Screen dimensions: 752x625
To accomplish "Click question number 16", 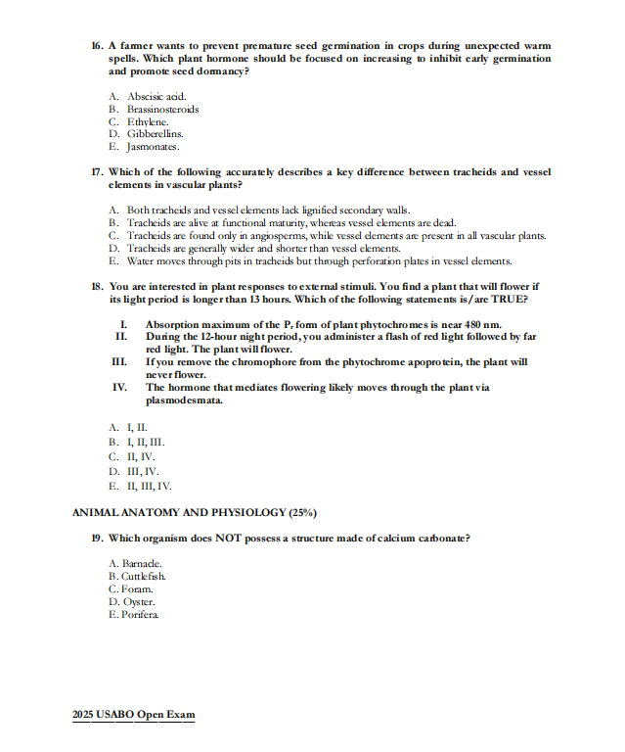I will (96, 46).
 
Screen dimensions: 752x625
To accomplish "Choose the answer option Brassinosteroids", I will (162, 109).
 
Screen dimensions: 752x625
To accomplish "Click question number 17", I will (96, 171).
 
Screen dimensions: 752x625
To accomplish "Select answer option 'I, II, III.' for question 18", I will (137, 442).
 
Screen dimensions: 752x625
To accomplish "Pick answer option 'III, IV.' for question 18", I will (135, 471).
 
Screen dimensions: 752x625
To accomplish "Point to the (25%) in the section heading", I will (302, 512).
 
